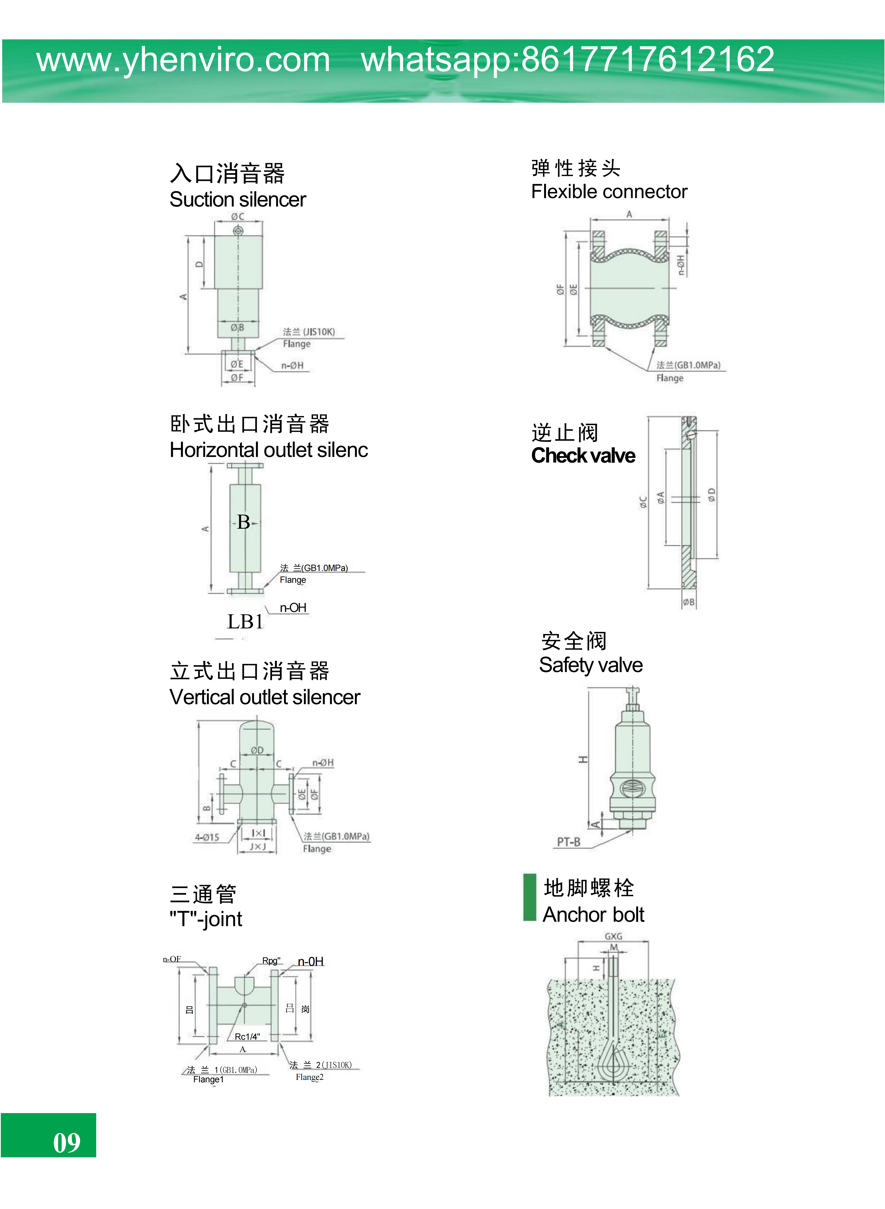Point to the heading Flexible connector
coord(609,192)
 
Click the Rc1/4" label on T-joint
coord(247,1037)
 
